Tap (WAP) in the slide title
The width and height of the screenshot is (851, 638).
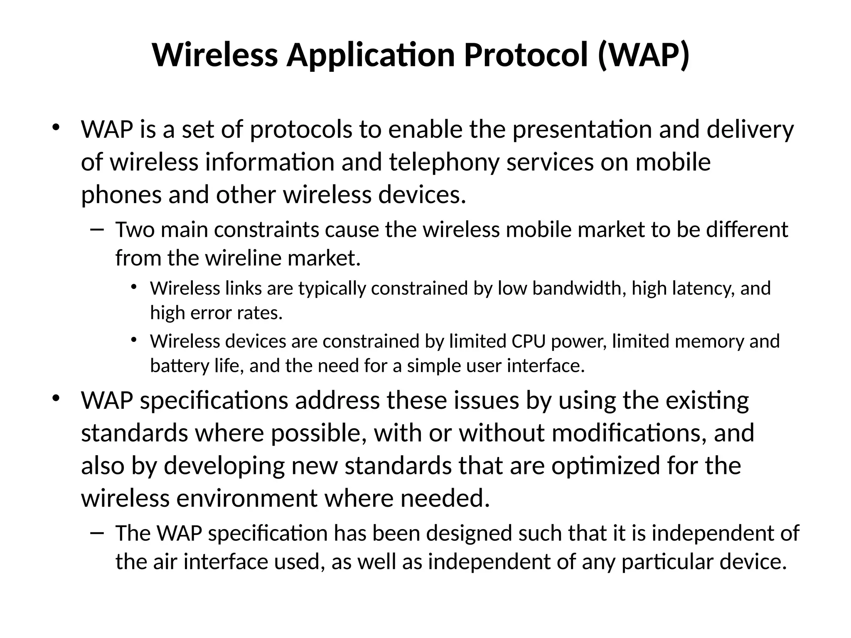pyautogui.click(x=644, y=55)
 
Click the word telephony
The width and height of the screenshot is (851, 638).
pyautogui.click(x=444, y=162)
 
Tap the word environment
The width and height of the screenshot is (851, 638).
pyautogui.click(x=247, y=498)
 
